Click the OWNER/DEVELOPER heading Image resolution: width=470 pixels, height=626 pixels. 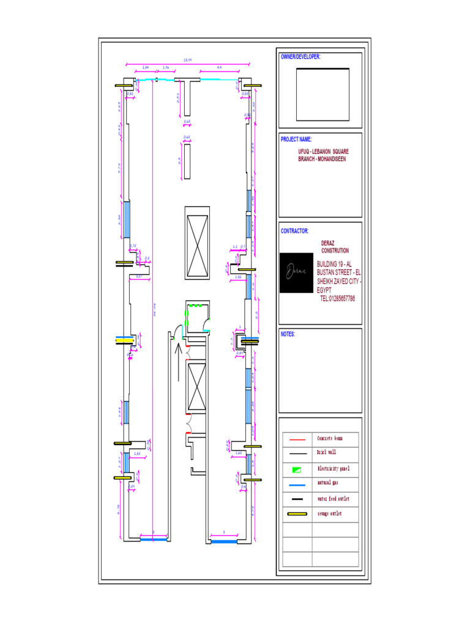click(300, 57)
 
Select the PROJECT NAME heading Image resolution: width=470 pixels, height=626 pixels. click(296, 139)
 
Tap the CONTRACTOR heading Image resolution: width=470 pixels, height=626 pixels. click(294, 231)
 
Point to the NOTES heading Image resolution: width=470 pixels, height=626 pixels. click(288, 334)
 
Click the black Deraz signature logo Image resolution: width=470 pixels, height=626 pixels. click(296, 273)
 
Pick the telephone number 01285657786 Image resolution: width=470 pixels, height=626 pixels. click(337, 298)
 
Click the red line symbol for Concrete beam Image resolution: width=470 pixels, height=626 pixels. click(297, 439)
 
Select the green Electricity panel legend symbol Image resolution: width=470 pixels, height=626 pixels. click(297, 469)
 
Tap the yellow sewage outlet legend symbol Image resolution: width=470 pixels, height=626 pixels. click(297, 514)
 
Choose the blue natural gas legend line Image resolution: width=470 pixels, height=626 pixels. click(297, 484)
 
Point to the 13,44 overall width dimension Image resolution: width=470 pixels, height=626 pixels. click(188, 60)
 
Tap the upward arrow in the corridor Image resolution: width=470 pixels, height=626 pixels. click(178, 361)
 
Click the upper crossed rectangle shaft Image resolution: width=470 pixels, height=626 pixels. click(197, 242)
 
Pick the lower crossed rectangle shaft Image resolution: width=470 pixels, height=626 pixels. click(197, 386)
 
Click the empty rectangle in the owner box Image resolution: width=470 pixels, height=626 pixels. click(323, 94)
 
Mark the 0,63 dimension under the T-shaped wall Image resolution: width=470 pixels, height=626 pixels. click(187, 122)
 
